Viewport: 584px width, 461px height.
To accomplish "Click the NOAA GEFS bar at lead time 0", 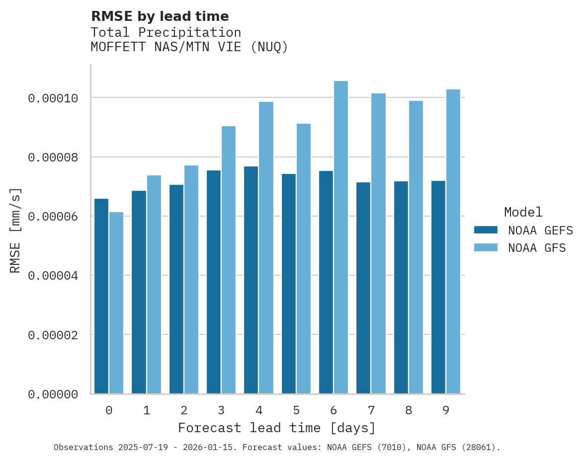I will pyautogui.click(x=101, y=296).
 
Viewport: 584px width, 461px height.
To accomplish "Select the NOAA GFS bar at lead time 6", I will pyautogui.click(x=341, y=237).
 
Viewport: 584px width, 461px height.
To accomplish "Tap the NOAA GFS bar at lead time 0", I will pyautogui.click(x=116, y=303).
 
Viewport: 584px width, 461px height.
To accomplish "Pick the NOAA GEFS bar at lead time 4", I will pyautogui.click(x=251, y=280).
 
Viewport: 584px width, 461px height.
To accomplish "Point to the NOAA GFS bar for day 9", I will pyautogui.click(x=453, y=241).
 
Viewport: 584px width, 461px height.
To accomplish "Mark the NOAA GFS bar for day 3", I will pyautogui.click(x=229, y=260).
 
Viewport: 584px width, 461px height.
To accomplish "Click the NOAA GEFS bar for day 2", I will pyautogui.click(x=176, y=289).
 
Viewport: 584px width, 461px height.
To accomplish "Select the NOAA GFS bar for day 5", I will pyautogui.click(x=304, y=259).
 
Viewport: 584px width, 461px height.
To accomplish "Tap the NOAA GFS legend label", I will pyautogui.click(x=537, y=248).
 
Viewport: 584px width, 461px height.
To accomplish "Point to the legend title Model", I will pyautogui.click(x=523, y=212).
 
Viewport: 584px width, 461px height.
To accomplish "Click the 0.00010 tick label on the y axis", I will pyautogui.click(x=53, y=98).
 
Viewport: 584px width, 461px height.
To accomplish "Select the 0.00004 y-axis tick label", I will pyautogui.click(x=53, y=276).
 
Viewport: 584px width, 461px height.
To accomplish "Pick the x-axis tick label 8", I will pyautogui.click(x=409, y=410).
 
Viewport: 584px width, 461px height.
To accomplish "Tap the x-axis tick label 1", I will pyautogui.click(x=147, y=410).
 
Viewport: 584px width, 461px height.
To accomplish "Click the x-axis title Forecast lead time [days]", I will pyautogui.click(x=277, y=428).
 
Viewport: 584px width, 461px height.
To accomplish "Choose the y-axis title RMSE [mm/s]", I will pyautogui.click(x=15, y=230).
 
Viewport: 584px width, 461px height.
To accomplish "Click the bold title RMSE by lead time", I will pyautogui.click(x=160, y=16).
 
